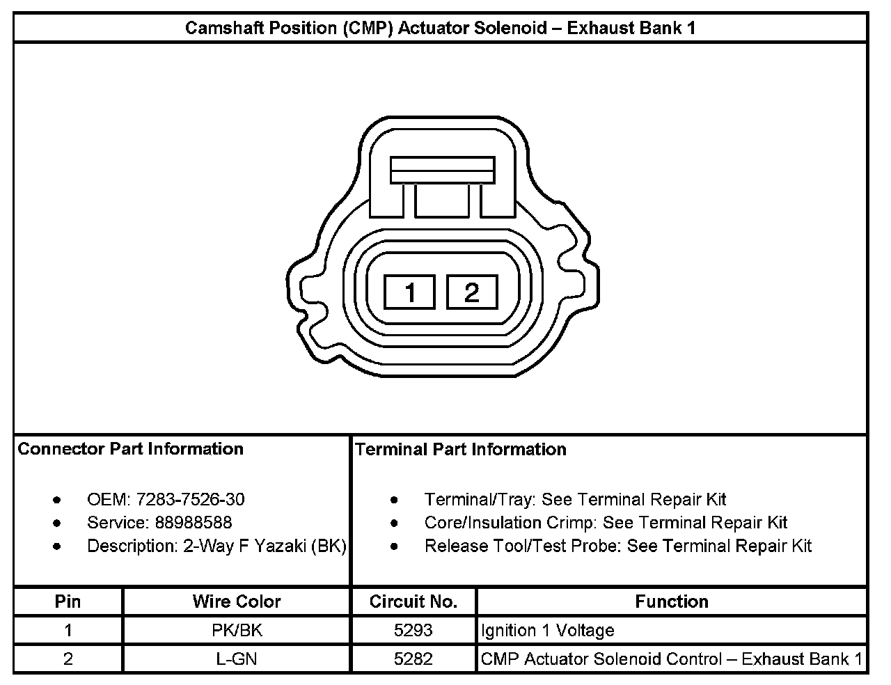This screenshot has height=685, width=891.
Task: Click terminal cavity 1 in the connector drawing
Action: tap(409, 292)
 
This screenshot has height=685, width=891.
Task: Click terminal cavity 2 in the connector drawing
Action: tap(472, 292)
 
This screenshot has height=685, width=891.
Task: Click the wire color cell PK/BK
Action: tap(237, 631)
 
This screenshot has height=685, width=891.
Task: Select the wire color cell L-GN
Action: tap(237, 659)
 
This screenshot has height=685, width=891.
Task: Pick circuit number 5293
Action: tap(413, 631)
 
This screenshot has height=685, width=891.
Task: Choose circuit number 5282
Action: tap(413, 659)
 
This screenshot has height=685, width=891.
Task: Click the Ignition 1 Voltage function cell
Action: tap(548, 631)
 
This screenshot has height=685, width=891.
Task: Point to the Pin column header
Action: tap(68, 601)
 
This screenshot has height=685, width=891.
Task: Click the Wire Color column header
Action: tap(237, 601)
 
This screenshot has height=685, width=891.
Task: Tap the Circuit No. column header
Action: tap(413, 601)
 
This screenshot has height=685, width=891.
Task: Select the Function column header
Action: tap(672, 601)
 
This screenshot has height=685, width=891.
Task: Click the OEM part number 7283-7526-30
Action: tap(191, 500)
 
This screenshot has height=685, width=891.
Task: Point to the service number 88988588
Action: tap(194, 523)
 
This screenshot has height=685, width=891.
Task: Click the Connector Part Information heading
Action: tap(131, 449)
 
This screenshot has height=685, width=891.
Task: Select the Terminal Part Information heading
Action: tap(461, 450)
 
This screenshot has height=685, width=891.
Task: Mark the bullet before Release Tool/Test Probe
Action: tap(395, 546)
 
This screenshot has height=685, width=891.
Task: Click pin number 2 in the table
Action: tap(68, 659)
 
